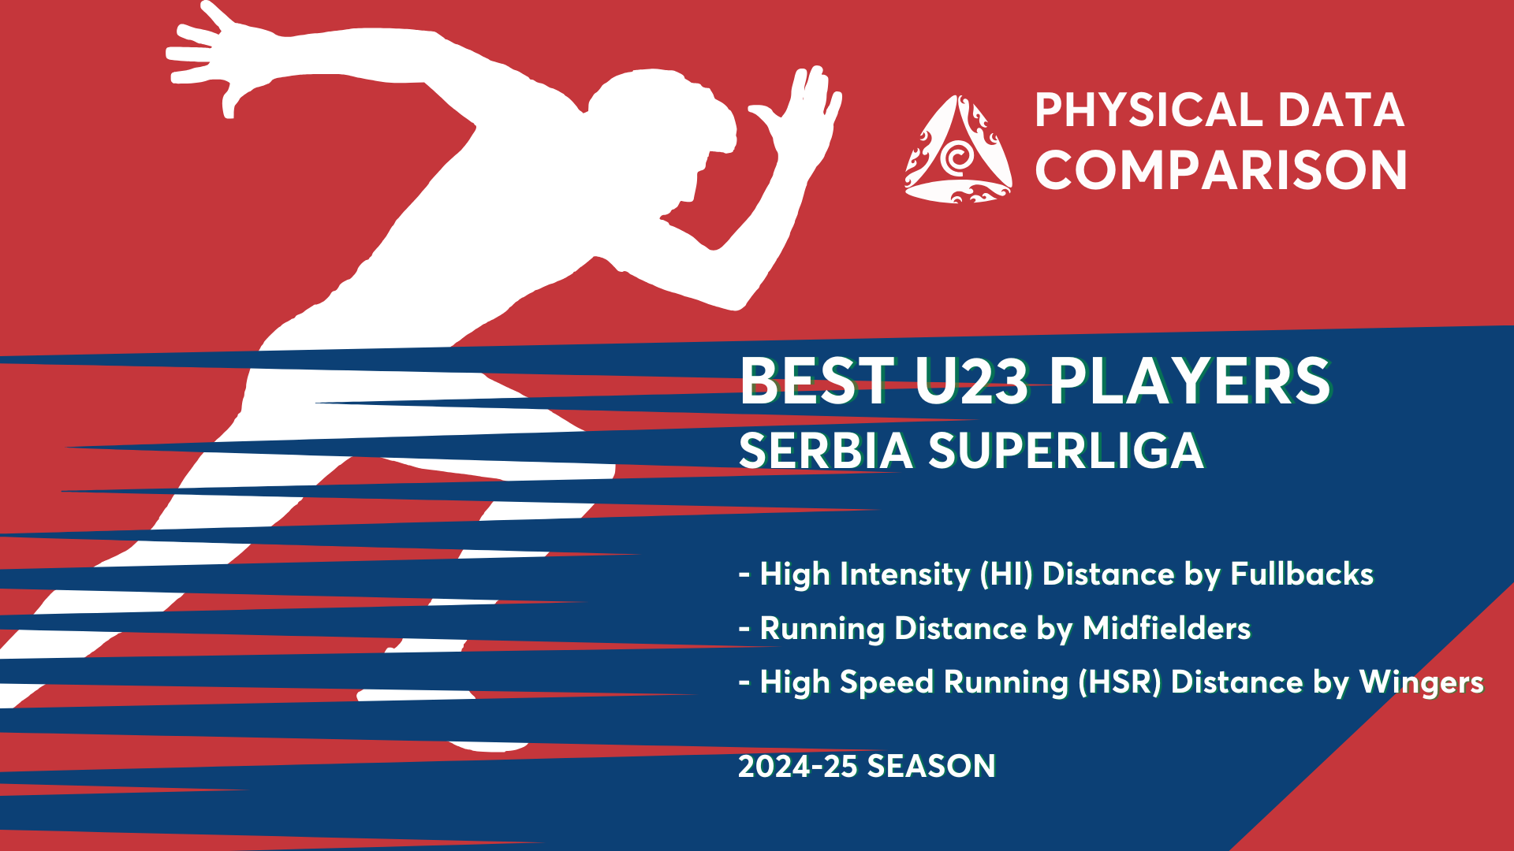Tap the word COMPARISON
pos(1221,170)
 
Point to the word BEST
pos(817,381)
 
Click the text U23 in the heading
pos(971,381)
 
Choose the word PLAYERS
pos(1190,381)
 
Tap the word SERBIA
pos(826,451)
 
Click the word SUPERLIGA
pos(1066,451)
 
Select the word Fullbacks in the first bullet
pos(1302,574)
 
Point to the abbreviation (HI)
pos(1006,574)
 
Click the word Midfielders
pos(1166,628)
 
